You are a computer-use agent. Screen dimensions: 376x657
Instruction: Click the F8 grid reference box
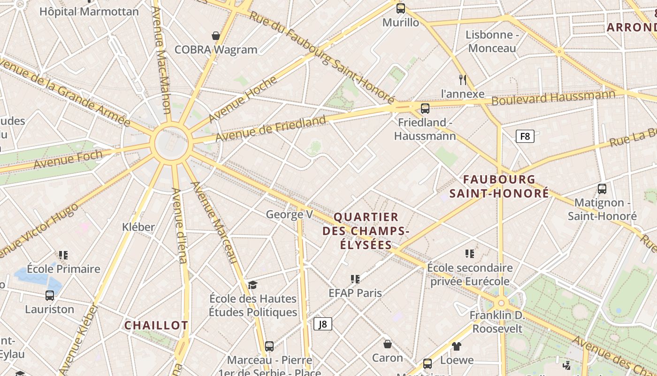coord(525,136)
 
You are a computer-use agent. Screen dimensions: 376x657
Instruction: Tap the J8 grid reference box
coord(322,323)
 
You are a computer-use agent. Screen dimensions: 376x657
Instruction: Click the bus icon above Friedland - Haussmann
coord(425,109)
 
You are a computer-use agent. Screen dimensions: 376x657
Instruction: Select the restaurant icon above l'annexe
coord(463,79)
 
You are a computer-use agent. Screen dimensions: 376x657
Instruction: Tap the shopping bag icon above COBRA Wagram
coord(216,36)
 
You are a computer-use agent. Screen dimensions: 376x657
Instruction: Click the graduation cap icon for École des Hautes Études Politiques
coord(253,285)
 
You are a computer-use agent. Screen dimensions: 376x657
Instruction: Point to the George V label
coord(289,215)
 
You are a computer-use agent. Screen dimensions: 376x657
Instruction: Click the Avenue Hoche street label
coord(243,99)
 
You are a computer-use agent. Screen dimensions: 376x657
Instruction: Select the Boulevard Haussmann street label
coord(553,98)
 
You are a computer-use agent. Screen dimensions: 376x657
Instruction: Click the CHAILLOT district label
coord(156,325)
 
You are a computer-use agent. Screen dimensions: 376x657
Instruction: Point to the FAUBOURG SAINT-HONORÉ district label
coord(499,186)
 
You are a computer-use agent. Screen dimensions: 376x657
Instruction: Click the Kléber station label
coord(138,227)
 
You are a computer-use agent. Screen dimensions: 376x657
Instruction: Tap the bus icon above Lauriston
coord(50,296)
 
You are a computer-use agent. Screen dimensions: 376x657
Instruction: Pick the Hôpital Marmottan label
coord(89,12)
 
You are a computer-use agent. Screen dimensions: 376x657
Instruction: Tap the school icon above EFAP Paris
coord(355,279)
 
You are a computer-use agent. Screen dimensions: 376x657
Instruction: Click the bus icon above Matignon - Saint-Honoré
coord(602,189)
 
